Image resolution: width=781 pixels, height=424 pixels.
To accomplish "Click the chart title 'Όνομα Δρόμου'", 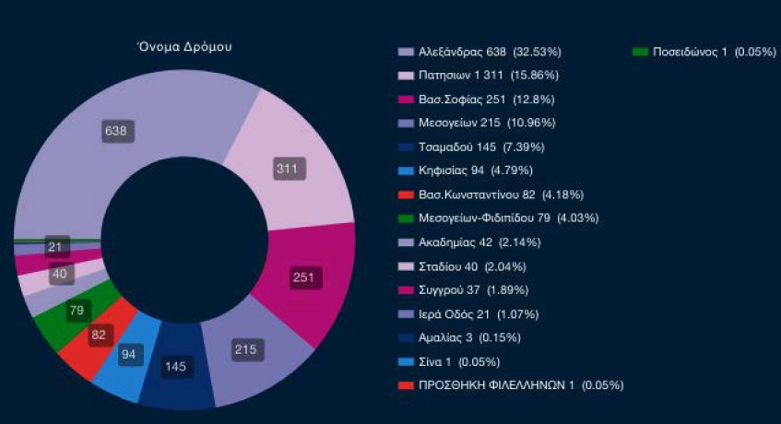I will (178, 47).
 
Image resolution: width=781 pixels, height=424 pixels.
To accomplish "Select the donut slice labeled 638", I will (116, 131).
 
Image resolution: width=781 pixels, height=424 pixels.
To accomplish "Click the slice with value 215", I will (245, 350).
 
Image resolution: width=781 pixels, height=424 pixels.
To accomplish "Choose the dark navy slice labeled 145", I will (175, 367).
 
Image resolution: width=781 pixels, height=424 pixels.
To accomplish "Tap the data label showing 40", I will (62, 275).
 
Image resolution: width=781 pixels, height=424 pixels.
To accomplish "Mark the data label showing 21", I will (58, 246).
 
